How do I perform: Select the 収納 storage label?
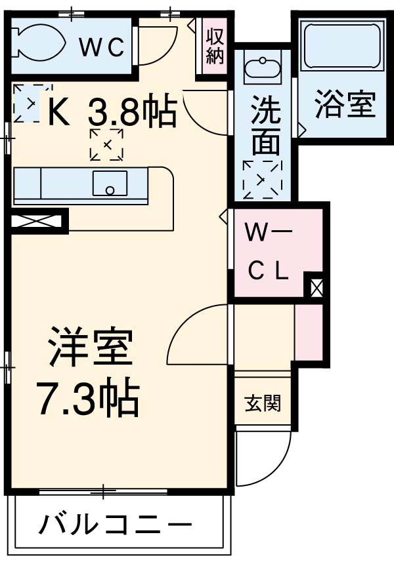tap(214, 45)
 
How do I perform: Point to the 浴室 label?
tap(344, 105)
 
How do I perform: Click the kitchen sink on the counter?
tap(110, 183)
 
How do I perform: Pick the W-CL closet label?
tap(267, 252)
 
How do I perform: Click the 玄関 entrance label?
tap(263, 403)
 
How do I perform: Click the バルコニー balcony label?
tap(116, 525)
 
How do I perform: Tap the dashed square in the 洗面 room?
tap(261, 179)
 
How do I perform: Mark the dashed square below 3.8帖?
tap(106, 145)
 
